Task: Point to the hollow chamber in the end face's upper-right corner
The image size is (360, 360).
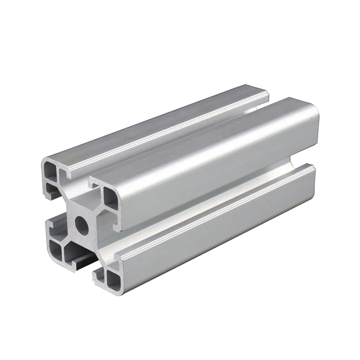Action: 109,196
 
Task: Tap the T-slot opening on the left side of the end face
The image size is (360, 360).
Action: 56,220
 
